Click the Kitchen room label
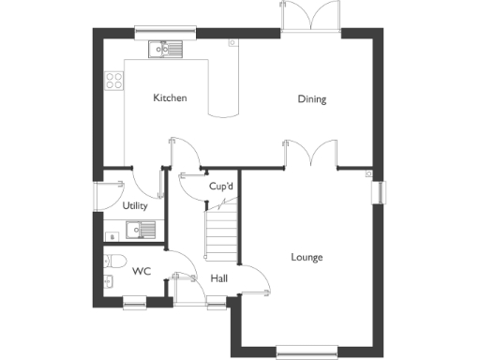click(x=171, y=98)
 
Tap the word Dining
click(x=312, y=99)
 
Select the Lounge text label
click(x=307, y=257)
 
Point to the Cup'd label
click(x=221, y=187)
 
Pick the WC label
click(x=142, y=272)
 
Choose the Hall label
click(x=219, y=278)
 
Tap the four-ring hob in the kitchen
click(x=114, y=82)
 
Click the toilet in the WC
click(x=115, y=261)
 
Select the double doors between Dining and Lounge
click(x=310, y=155)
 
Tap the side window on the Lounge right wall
click(x=379, y=190)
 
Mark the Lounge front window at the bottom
click(x=307, y=353)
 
